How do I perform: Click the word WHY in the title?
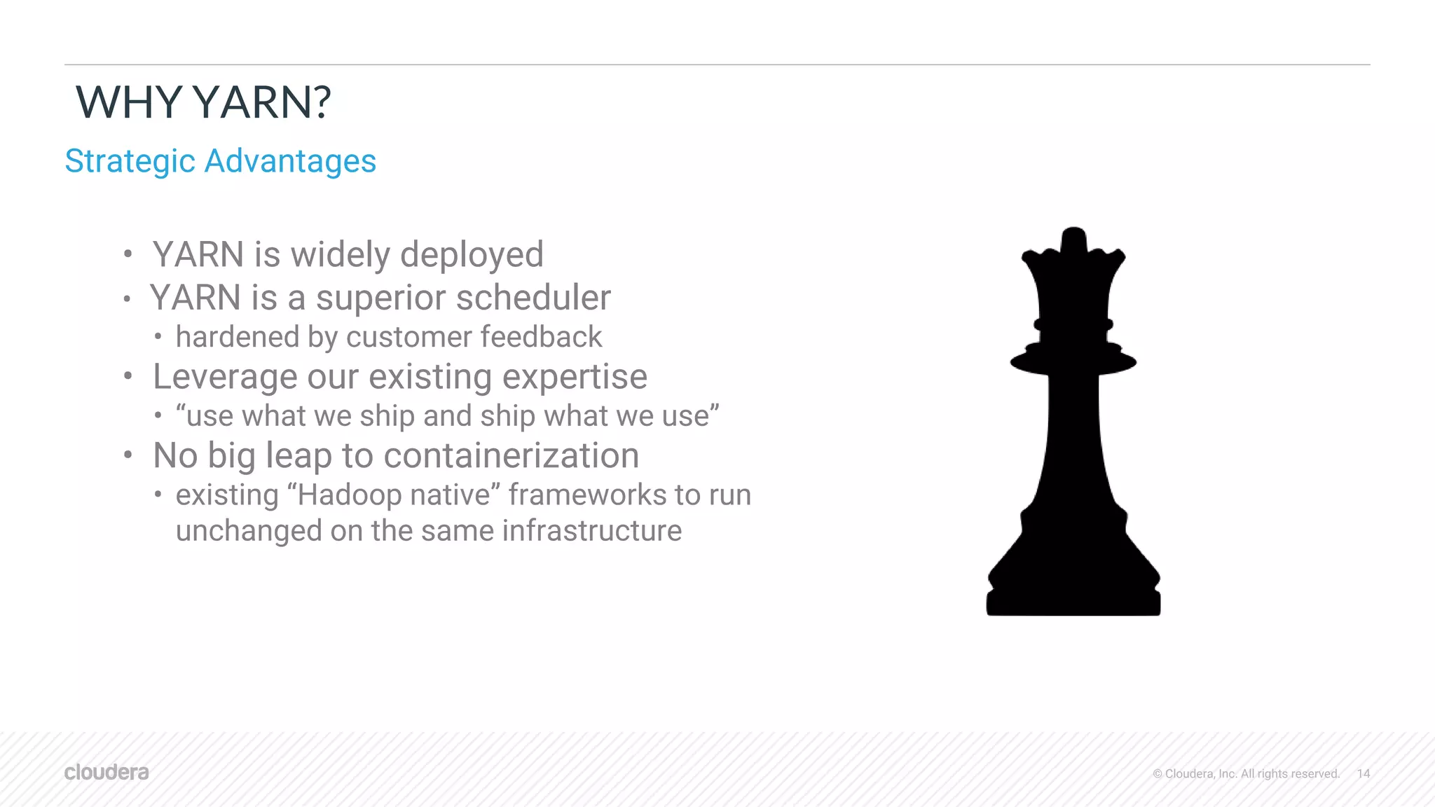[129, 102]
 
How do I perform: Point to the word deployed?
[472, 255]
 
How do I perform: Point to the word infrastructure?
[591, 531]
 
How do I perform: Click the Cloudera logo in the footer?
[107, 772]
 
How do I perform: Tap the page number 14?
[1363, 773]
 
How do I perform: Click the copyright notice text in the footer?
[1246, 773]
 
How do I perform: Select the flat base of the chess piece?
[1073, 602]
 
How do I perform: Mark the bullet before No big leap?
[128, 455]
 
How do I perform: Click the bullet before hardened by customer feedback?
[158, 338]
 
